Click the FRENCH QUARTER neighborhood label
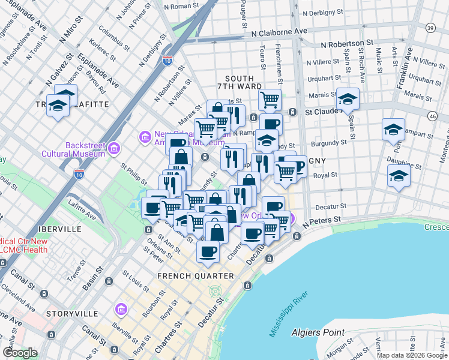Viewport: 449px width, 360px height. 195,275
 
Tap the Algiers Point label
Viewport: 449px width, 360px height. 318,332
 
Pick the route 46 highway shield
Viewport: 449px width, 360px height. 432,115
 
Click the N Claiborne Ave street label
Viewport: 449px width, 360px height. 279,32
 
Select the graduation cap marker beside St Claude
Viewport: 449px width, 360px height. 348,98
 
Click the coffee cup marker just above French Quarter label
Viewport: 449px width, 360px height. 208,251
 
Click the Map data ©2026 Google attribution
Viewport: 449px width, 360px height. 412,355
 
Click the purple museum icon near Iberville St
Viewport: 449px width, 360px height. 121,309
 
